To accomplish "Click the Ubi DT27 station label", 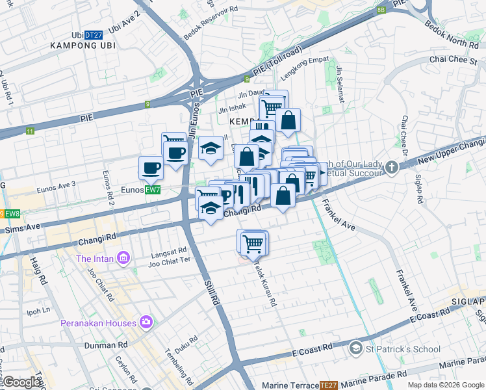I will pos(86,35).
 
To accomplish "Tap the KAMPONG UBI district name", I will pos(79,45).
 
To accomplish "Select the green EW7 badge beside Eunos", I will pos(153,190).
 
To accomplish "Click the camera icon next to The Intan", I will pos(123,258).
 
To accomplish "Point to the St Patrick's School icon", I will pos(355,349).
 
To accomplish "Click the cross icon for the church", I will pos(391,168).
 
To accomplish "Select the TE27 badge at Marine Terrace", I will pos(327,385).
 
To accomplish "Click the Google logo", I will pos(21,382).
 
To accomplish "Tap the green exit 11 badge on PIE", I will pos(30,131).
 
